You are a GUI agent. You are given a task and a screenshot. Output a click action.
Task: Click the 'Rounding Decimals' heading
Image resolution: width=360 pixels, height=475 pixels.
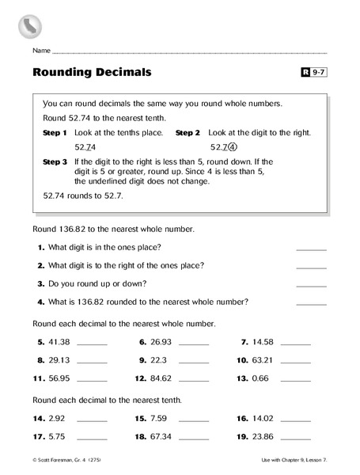(92, 74)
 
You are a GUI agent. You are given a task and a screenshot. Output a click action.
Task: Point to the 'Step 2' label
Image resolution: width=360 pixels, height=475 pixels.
(188, 133)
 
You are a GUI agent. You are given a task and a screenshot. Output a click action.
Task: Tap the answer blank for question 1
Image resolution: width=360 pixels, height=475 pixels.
(310, 248)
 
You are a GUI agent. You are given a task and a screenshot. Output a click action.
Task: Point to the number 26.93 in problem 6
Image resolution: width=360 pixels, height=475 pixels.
(161, 342)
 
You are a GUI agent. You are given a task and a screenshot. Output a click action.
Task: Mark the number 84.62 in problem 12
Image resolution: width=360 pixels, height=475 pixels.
(161, 378)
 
